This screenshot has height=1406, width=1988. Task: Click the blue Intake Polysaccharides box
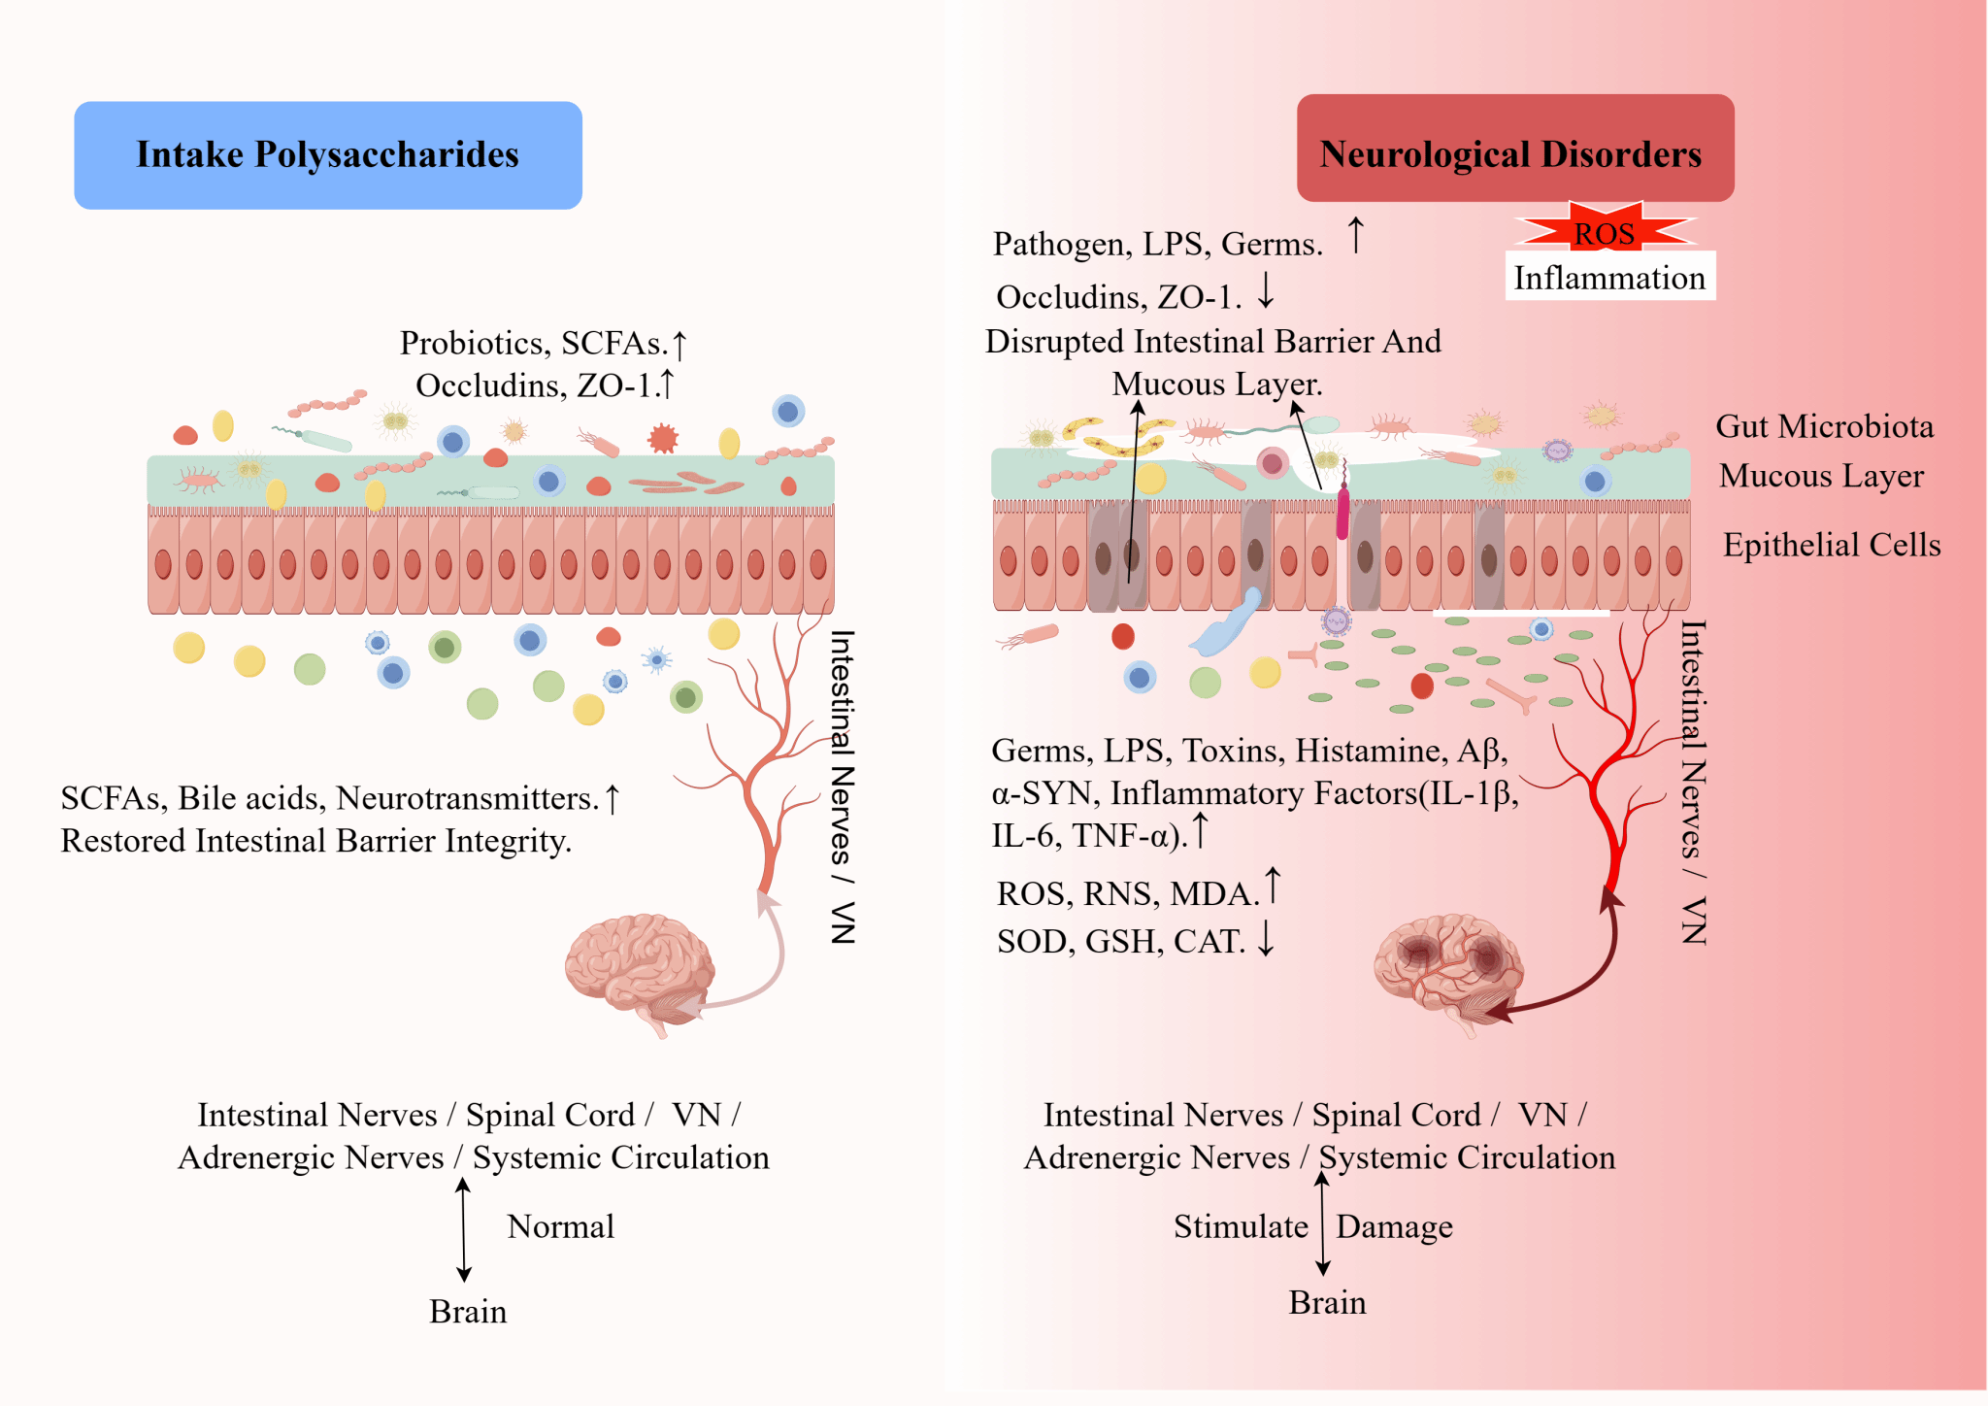pos(328,155)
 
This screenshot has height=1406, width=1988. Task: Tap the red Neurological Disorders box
pos(1514,149)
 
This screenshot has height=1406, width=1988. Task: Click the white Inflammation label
pos(1609,278)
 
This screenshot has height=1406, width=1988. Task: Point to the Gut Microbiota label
pos(1824,426)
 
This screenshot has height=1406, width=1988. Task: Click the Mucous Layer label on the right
pos(1821,476)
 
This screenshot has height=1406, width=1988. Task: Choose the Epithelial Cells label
pos(1832,545)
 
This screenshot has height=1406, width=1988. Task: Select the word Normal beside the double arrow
pos(560,1226)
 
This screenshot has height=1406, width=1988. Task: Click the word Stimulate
pos(1241,1226)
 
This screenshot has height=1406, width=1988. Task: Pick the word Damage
pos(1394,1226)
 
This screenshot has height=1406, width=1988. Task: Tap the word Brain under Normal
pos(468,1312)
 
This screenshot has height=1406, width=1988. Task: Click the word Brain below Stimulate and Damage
pos(1327,1302)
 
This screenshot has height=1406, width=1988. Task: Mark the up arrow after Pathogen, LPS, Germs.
pos(1356,236)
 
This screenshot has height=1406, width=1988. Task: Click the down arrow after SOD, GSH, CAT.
pos(1266,938)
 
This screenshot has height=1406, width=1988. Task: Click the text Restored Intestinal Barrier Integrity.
pos(315,841)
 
